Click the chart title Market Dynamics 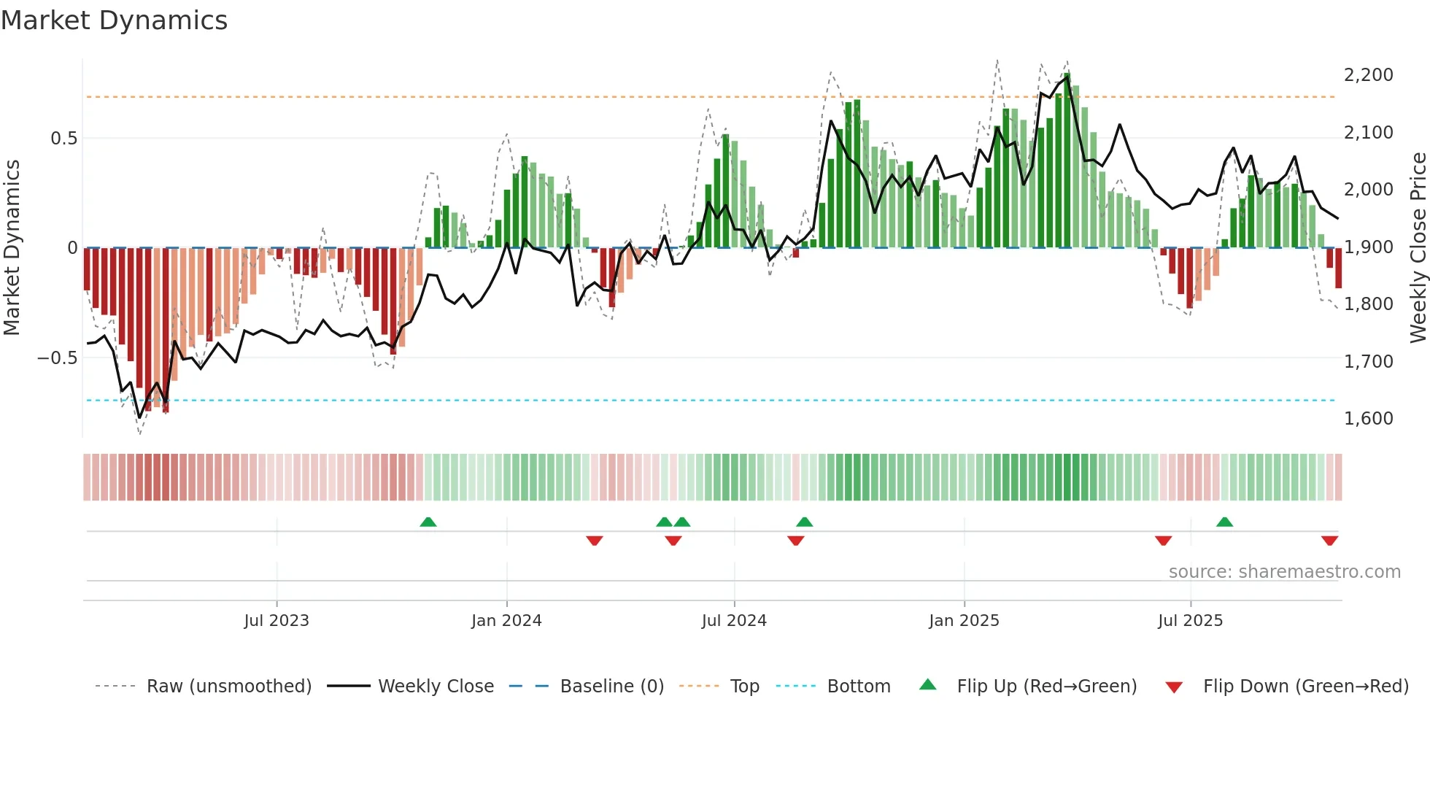(114, 20)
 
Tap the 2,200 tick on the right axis (1368, 75)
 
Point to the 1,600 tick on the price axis (1368, 419)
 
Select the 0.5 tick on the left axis (63, 139)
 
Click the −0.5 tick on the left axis (58, 358)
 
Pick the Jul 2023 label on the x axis (277, 621)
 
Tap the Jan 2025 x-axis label (964, 621)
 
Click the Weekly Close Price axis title (1418, 248)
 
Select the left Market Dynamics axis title (12, 248)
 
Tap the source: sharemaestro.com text (1284, 572)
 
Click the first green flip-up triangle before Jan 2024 (428, 522)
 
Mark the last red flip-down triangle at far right (1329, 541)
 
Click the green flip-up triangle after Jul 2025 (1224, 522)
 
